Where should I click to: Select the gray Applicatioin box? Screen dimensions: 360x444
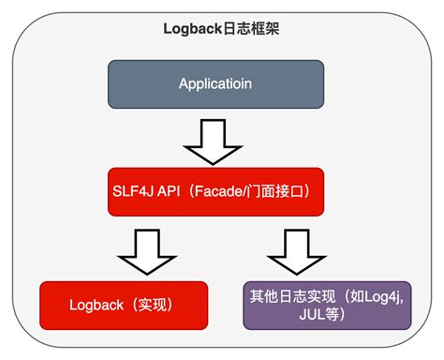point(216,84)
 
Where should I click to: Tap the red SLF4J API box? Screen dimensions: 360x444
point(216,191)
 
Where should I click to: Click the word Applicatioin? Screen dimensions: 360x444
point(216,84)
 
